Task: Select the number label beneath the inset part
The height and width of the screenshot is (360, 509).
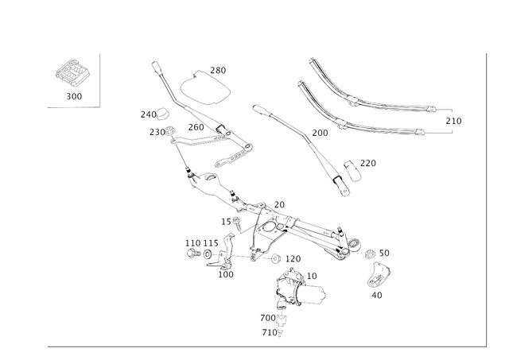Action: [74, 96]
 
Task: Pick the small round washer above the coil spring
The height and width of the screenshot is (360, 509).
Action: [163, 113]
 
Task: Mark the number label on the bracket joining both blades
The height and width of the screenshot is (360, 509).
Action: [454, 121]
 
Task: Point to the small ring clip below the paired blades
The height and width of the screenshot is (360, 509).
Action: [352, 168]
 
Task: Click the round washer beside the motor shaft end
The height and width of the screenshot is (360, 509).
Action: [370, 255]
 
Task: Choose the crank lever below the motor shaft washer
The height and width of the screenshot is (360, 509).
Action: [381, 278]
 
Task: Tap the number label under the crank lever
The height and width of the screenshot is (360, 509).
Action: [377, 296]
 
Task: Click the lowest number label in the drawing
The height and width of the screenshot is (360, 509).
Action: [273, 334]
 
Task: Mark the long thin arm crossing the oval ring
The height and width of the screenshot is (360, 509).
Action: [171, 87]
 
